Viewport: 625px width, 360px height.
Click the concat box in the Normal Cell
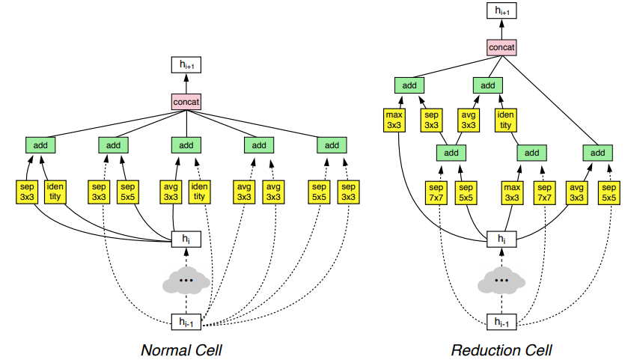pos(186,100)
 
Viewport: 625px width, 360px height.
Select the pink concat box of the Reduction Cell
pos(501,48)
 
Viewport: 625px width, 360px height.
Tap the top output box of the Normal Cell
pos(186,66)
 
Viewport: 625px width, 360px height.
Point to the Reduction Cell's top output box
pos(501,10)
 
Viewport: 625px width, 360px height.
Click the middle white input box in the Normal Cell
pos(186,239)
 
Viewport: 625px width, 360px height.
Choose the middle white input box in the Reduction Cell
pos(501,239)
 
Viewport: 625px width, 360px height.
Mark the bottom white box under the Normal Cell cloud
pos(186,323)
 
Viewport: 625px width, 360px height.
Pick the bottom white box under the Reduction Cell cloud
pos(501,323)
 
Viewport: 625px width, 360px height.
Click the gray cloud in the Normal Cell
pos(186,281)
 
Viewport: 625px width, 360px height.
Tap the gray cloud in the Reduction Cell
pos(501,281)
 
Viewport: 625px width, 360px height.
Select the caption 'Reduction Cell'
pos(501,350)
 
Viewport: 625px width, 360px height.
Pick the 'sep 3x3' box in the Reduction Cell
pos(430,120)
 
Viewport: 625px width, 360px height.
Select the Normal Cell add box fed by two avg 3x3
pos(259,144)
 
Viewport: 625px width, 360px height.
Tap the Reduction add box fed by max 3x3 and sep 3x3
pos(409,85)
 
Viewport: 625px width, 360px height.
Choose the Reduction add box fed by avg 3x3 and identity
pos(487,85)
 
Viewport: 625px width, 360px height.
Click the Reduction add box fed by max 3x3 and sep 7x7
pos(529,153)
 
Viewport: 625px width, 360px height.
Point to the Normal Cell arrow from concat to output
pos(186,83)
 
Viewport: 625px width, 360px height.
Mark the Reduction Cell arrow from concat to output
pos(501,29)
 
